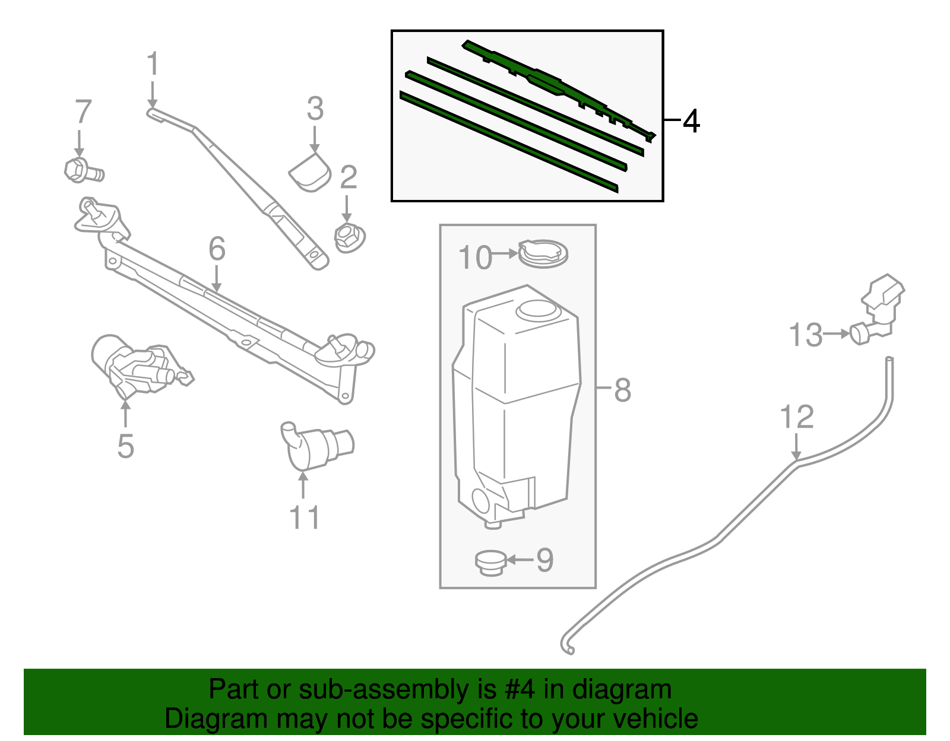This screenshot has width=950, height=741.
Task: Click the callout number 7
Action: point(84,112)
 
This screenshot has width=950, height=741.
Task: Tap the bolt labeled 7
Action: point(83,171)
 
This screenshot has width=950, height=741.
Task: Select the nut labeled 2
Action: point(349,237)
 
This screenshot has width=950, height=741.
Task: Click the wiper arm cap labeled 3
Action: point(311,171)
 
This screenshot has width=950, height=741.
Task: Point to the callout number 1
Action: point(153,63)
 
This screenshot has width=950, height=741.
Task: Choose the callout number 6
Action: point(217,249)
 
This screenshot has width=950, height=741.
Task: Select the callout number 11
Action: point(305,517)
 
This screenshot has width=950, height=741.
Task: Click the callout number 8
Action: point(622,390)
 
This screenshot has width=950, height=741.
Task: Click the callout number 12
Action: point(796,417)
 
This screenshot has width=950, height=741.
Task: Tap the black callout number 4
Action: point(691,121)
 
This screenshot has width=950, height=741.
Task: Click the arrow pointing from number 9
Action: point(520,559)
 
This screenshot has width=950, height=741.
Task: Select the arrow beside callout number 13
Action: point(837,334)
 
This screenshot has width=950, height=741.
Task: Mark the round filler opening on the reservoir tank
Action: point(537,310)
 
